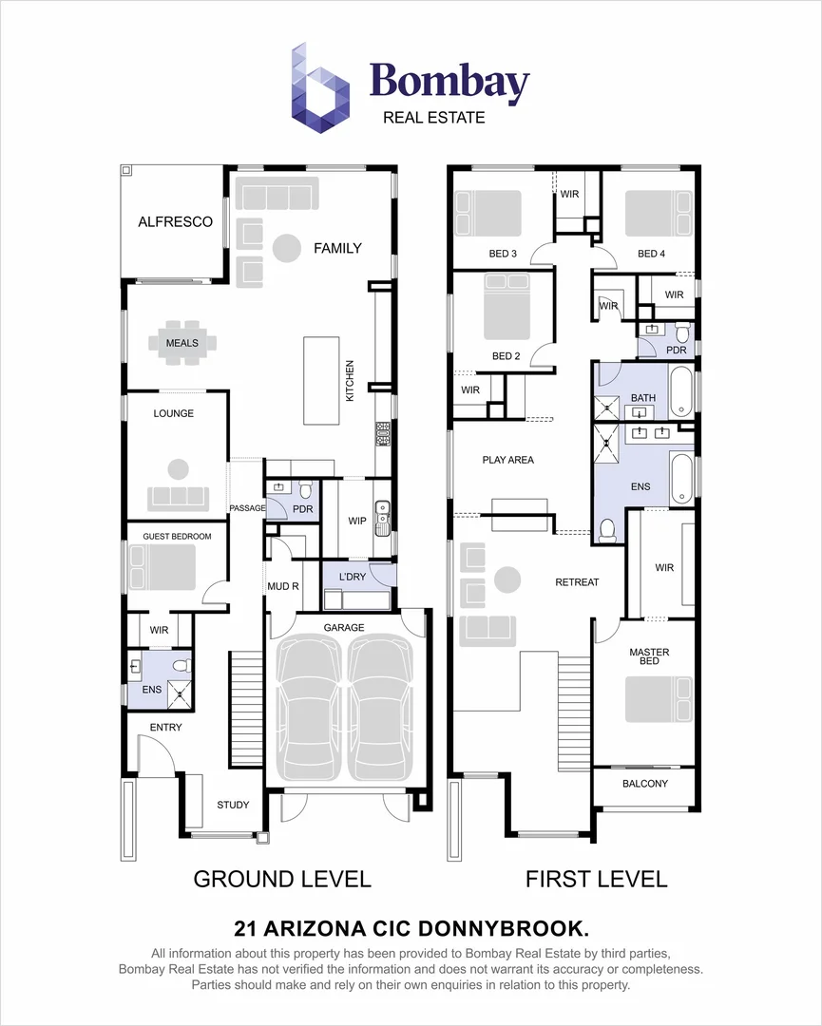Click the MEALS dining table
click(182, 343)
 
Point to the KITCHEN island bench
click(319, 380)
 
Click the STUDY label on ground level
click(233, 805)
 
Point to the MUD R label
click(282, 586)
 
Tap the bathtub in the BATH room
click(683, 391)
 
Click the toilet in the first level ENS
click(608, 530)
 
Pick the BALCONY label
click(645, 784)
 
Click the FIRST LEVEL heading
click(596, 879)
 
